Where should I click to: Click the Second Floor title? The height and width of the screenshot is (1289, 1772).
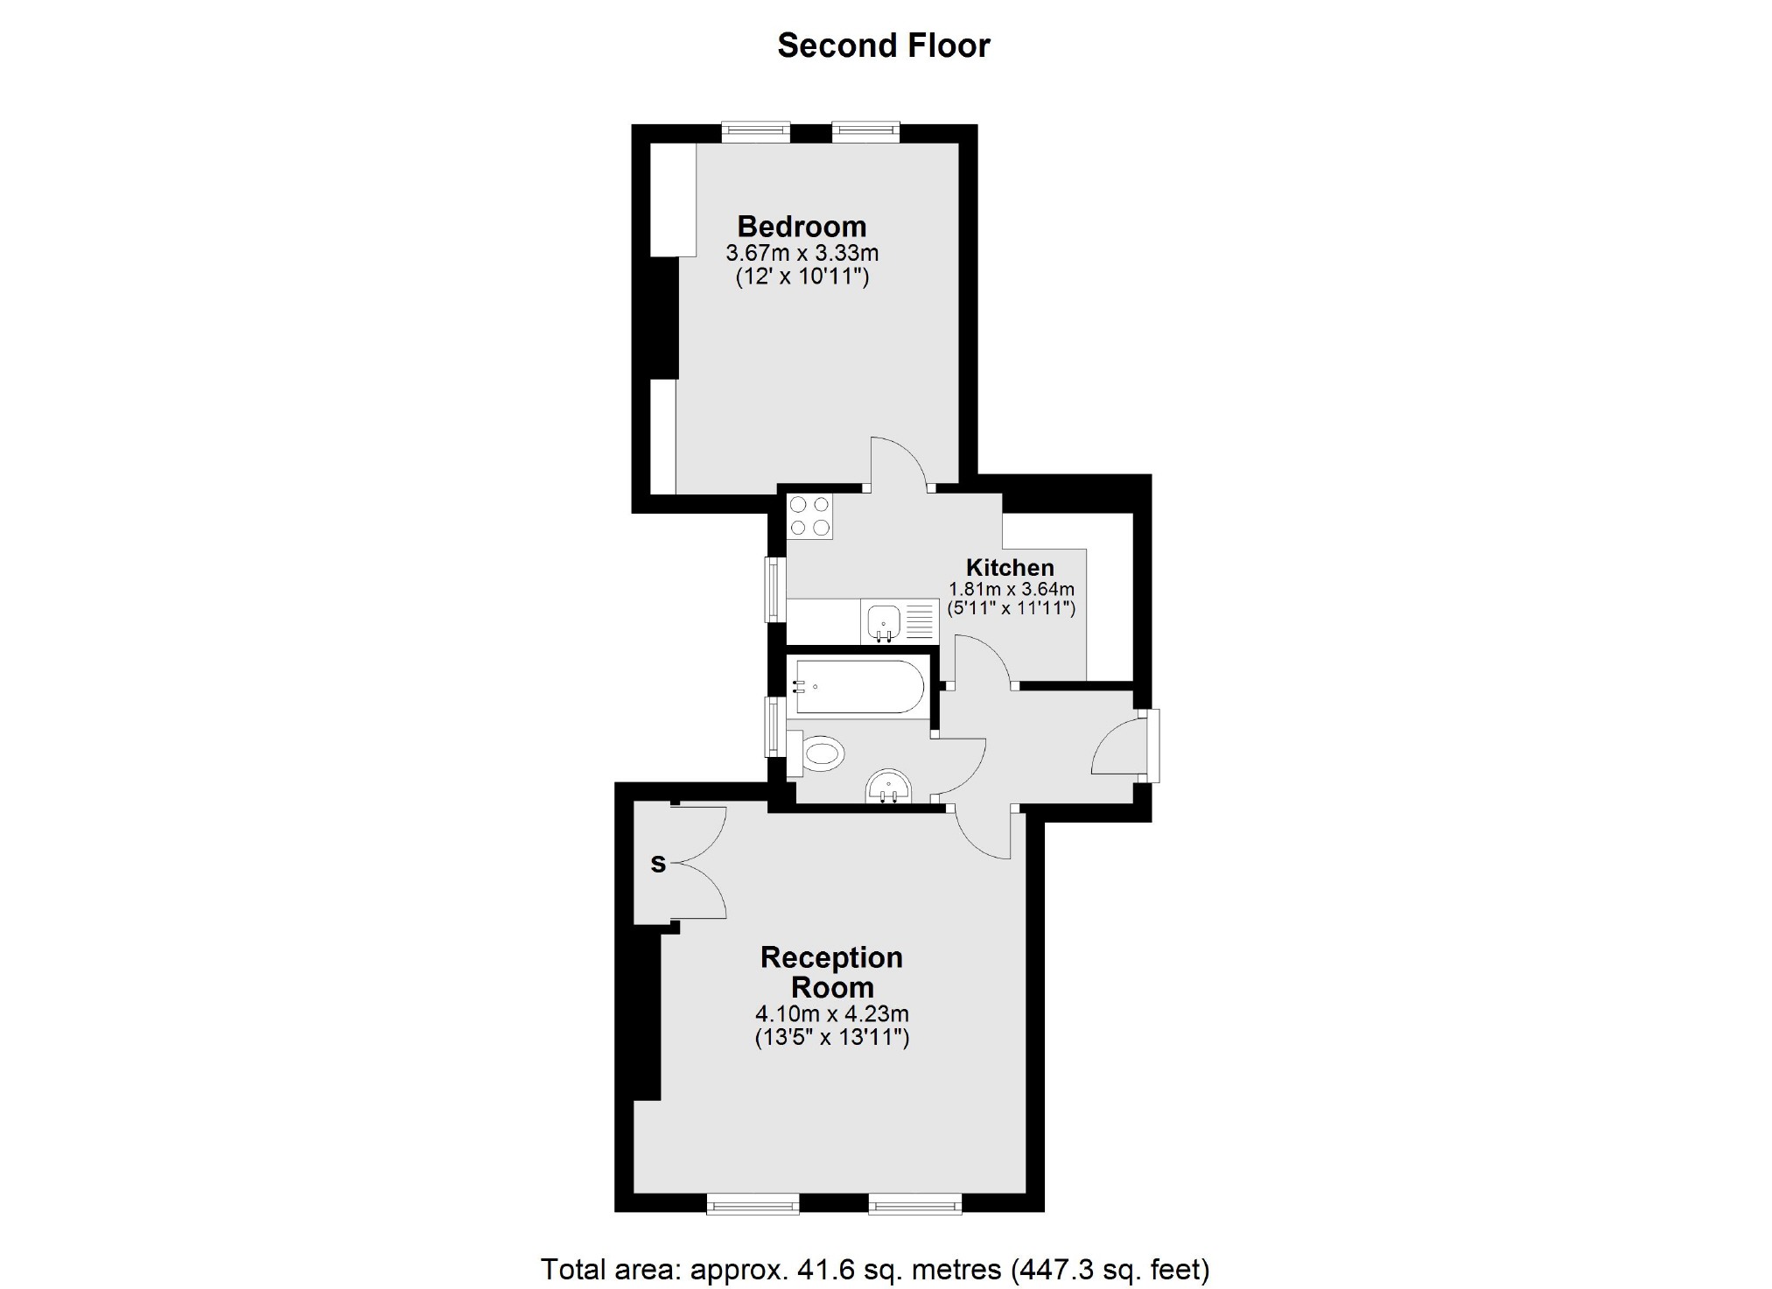point(883,46)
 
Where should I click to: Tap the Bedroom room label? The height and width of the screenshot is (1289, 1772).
point(802,227)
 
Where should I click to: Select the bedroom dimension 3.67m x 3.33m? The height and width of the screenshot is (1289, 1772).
point(802,254)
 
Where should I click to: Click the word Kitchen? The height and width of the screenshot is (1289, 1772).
point(1010,566)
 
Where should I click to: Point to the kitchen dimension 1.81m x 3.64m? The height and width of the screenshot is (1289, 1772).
point(1012,589)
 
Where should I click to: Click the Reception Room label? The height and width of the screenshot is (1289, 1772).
point(831,972)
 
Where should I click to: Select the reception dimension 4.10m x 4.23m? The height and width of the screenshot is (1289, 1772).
point(831,1014)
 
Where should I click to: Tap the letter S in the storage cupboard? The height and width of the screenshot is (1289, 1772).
point(658,865)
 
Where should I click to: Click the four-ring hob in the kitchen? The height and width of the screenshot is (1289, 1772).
point(809,516)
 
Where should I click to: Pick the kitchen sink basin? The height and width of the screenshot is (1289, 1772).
point(883,622)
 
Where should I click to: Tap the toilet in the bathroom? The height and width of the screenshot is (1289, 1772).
point(819,753)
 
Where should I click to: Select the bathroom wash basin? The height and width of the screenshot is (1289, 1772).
point(888,787)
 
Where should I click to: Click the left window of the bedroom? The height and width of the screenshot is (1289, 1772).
point(756,132)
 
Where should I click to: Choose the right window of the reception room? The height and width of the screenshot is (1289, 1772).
point(914,1207)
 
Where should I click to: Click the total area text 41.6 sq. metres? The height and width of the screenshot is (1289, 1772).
point(770,1268)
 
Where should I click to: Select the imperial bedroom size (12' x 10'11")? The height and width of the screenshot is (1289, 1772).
point(802,278)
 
